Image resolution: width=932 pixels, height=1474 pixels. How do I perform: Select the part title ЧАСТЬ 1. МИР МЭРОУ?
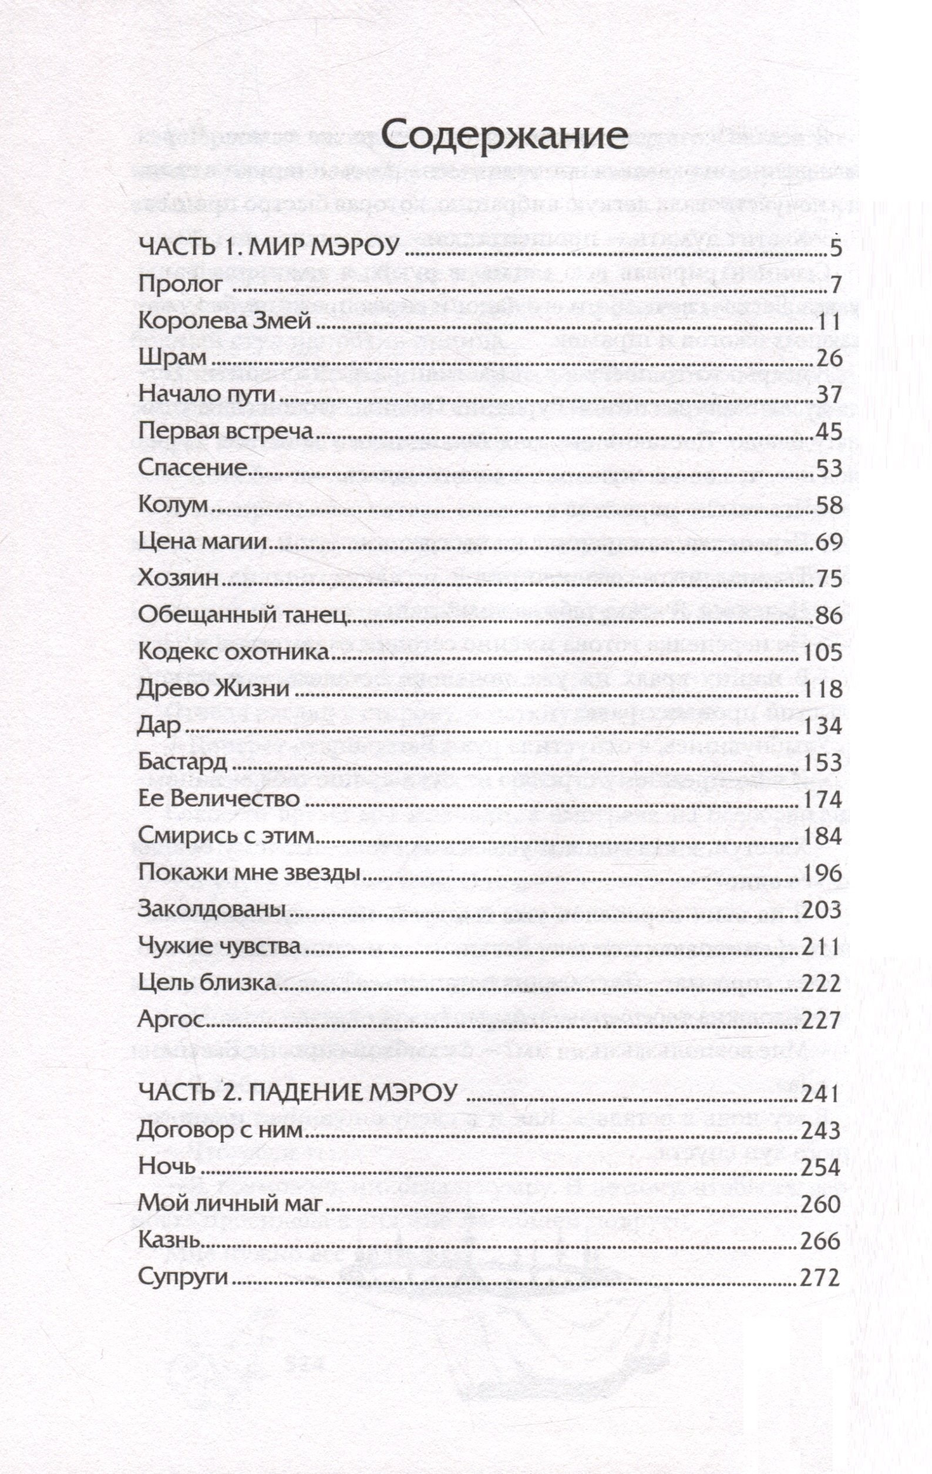269,248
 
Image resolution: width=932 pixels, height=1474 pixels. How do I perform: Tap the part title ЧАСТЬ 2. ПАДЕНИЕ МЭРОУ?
298,1093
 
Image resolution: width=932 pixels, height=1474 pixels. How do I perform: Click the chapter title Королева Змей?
224,321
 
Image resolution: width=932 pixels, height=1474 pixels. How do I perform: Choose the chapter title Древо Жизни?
214,689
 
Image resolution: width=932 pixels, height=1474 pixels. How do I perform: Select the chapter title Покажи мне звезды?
248,872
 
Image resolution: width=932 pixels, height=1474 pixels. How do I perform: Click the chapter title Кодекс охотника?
234,652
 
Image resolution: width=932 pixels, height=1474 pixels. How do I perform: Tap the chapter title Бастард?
183,762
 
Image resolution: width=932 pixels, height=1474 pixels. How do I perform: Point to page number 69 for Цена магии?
829,542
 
